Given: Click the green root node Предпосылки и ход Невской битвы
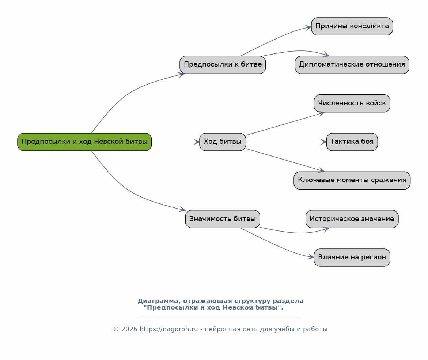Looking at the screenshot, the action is click(x=84, y=142).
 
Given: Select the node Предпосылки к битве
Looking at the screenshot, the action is click(x=223, y=65).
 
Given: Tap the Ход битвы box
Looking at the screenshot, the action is click(x=223, y=142).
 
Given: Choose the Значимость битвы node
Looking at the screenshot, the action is click(x=223, y=219).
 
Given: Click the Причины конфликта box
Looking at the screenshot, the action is click(x=352, y=26).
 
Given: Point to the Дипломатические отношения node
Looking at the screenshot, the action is click(x=352, y=65).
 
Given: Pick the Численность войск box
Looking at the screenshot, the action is click(x=352, y=103).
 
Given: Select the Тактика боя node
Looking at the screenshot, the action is click(x=352, y=142).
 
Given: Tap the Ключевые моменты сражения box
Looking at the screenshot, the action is click(x=352, y=180).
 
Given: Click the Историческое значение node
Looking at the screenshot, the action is click(x=352, y=219).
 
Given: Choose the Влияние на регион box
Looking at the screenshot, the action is click(x=352, y=257).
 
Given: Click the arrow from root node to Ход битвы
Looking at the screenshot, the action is click(x=175, y=142).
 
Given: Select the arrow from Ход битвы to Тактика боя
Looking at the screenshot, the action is click(x=286, y=142).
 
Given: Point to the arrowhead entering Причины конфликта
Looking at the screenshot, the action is click(x=308, y=27).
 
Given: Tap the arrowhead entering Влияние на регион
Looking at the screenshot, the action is click(x=311, y=257).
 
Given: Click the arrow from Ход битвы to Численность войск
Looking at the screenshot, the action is click(x=285, y=124).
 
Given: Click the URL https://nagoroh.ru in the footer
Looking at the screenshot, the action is click(x=169, y=329).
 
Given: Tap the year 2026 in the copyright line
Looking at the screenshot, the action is click(x=129, y=329).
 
